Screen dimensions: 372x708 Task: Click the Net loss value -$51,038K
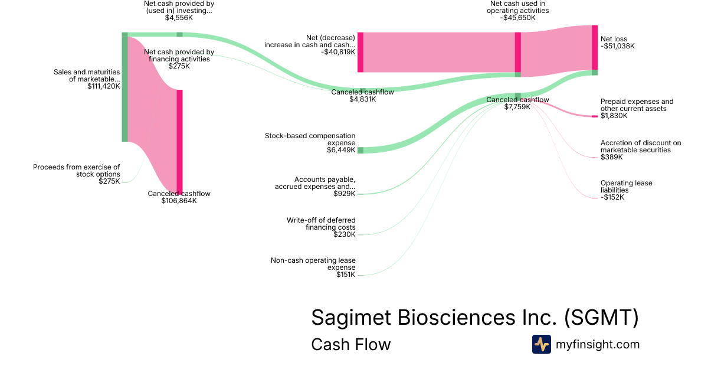pos(618,46)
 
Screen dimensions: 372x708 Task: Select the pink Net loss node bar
pos(595,47)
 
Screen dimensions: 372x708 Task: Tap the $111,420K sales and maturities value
pos(103,86)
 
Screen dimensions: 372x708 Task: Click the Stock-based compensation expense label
pos(310,139)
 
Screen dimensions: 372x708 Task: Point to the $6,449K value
pos(341,150)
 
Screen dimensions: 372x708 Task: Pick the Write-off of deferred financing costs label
pos(321,224)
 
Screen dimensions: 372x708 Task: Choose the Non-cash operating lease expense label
pos(313,263)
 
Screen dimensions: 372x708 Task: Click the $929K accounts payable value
pos(345,194)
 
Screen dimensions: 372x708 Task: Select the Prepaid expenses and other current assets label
pos(637,105)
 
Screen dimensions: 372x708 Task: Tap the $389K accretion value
pos(612,157)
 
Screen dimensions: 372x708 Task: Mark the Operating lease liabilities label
pos(626,187)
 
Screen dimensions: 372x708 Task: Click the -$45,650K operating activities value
pos(519,18)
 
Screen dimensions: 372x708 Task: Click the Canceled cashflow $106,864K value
pos(179,201)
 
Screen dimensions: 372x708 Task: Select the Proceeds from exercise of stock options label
pos(76,171)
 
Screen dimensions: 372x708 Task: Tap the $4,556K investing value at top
pos(179,18)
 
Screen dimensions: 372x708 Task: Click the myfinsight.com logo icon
pos(541,344)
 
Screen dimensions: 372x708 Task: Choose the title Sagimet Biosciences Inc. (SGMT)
pos(474,318)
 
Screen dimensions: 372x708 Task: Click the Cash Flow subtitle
pos(350,344)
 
